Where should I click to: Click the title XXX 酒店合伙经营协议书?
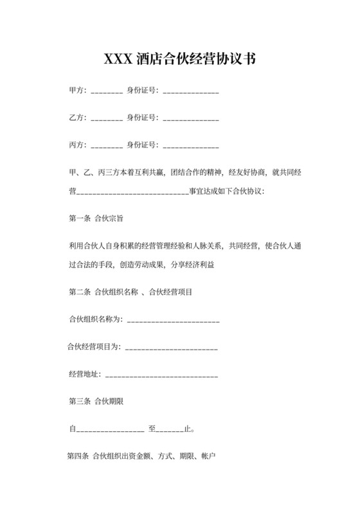(x=180, y=60)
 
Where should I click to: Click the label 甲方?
(x=76, y=91)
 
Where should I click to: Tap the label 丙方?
(x=76, y=144)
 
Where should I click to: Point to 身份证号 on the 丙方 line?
(x=141, y=144)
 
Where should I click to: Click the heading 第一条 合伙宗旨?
(x=96, y=218)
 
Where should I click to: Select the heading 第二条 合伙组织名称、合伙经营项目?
(x=130, y=292)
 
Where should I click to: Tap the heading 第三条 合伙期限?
(x=96, y=402)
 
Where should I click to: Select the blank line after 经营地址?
(x=161, y=376)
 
